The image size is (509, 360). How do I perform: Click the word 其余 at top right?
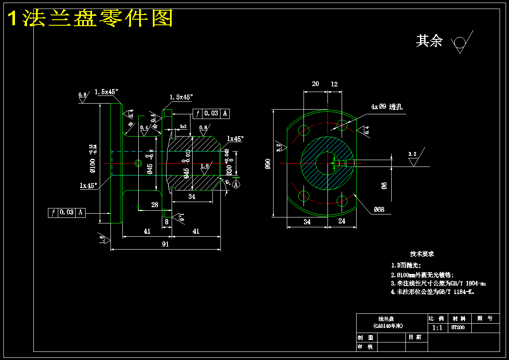pos(429,41)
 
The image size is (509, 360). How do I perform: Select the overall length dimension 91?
pos(165,244)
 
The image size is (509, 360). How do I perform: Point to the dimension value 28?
pos(155,205)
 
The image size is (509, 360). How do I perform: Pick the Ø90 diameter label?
pos(268,164)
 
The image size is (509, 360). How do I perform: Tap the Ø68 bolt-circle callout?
pos(379,209)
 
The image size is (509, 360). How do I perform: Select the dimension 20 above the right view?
pos(316,84)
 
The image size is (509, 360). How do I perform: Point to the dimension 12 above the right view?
pos(334,84)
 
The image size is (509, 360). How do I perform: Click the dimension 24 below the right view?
pos(342,221)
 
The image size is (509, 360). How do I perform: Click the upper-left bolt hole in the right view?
pos(304,130)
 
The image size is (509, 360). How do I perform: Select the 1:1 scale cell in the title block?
pos(438,328)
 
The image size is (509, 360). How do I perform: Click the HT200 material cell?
pos(458,328)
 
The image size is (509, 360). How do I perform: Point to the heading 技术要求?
pos(422,254)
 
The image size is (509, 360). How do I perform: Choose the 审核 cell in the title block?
pos(366,347)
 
